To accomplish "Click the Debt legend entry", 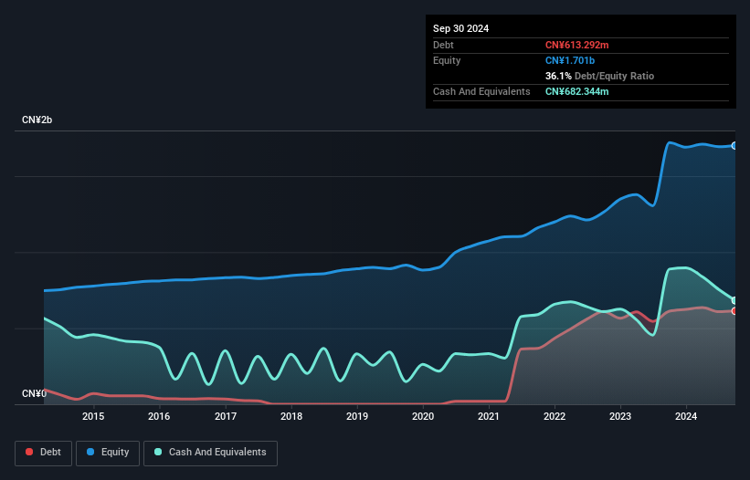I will tap(44, 452).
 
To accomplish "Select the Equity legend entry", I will tap(108, 452).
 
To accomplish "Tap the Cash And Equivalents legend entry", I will tap(210, 452).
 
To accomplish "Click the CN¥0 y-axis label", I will tap(34, 393).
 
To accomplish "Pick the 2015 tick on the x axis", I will tap(93, 417).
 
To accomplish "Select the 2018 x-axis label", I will tap(290, 417).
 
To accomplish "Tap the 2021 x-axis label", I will tap(489, 417).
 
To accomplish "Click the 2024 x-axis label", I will tap(686, 417).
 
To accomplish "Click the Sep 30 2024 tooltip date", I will tap(461, 28).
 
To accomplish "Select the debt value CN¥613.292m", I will tap(577, 45).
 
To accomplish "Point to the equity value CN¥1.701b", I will tap(571, 60).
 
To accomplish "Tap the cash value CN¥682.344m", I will tap(577, 91).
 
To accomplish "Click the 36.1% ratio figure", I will tap(560, 76).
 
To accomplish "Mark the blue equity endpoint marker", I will tap(734, 145).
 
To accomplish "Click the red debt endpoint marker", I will tap(734, 311).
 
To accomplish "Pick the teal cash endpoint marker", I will tap(734, 300).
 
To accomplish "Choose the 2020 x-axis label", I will tap(423, 417).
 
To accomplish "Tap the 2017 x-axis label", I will tap(225, 417).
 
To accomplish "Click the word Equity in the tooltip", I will tap(447, 60).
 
